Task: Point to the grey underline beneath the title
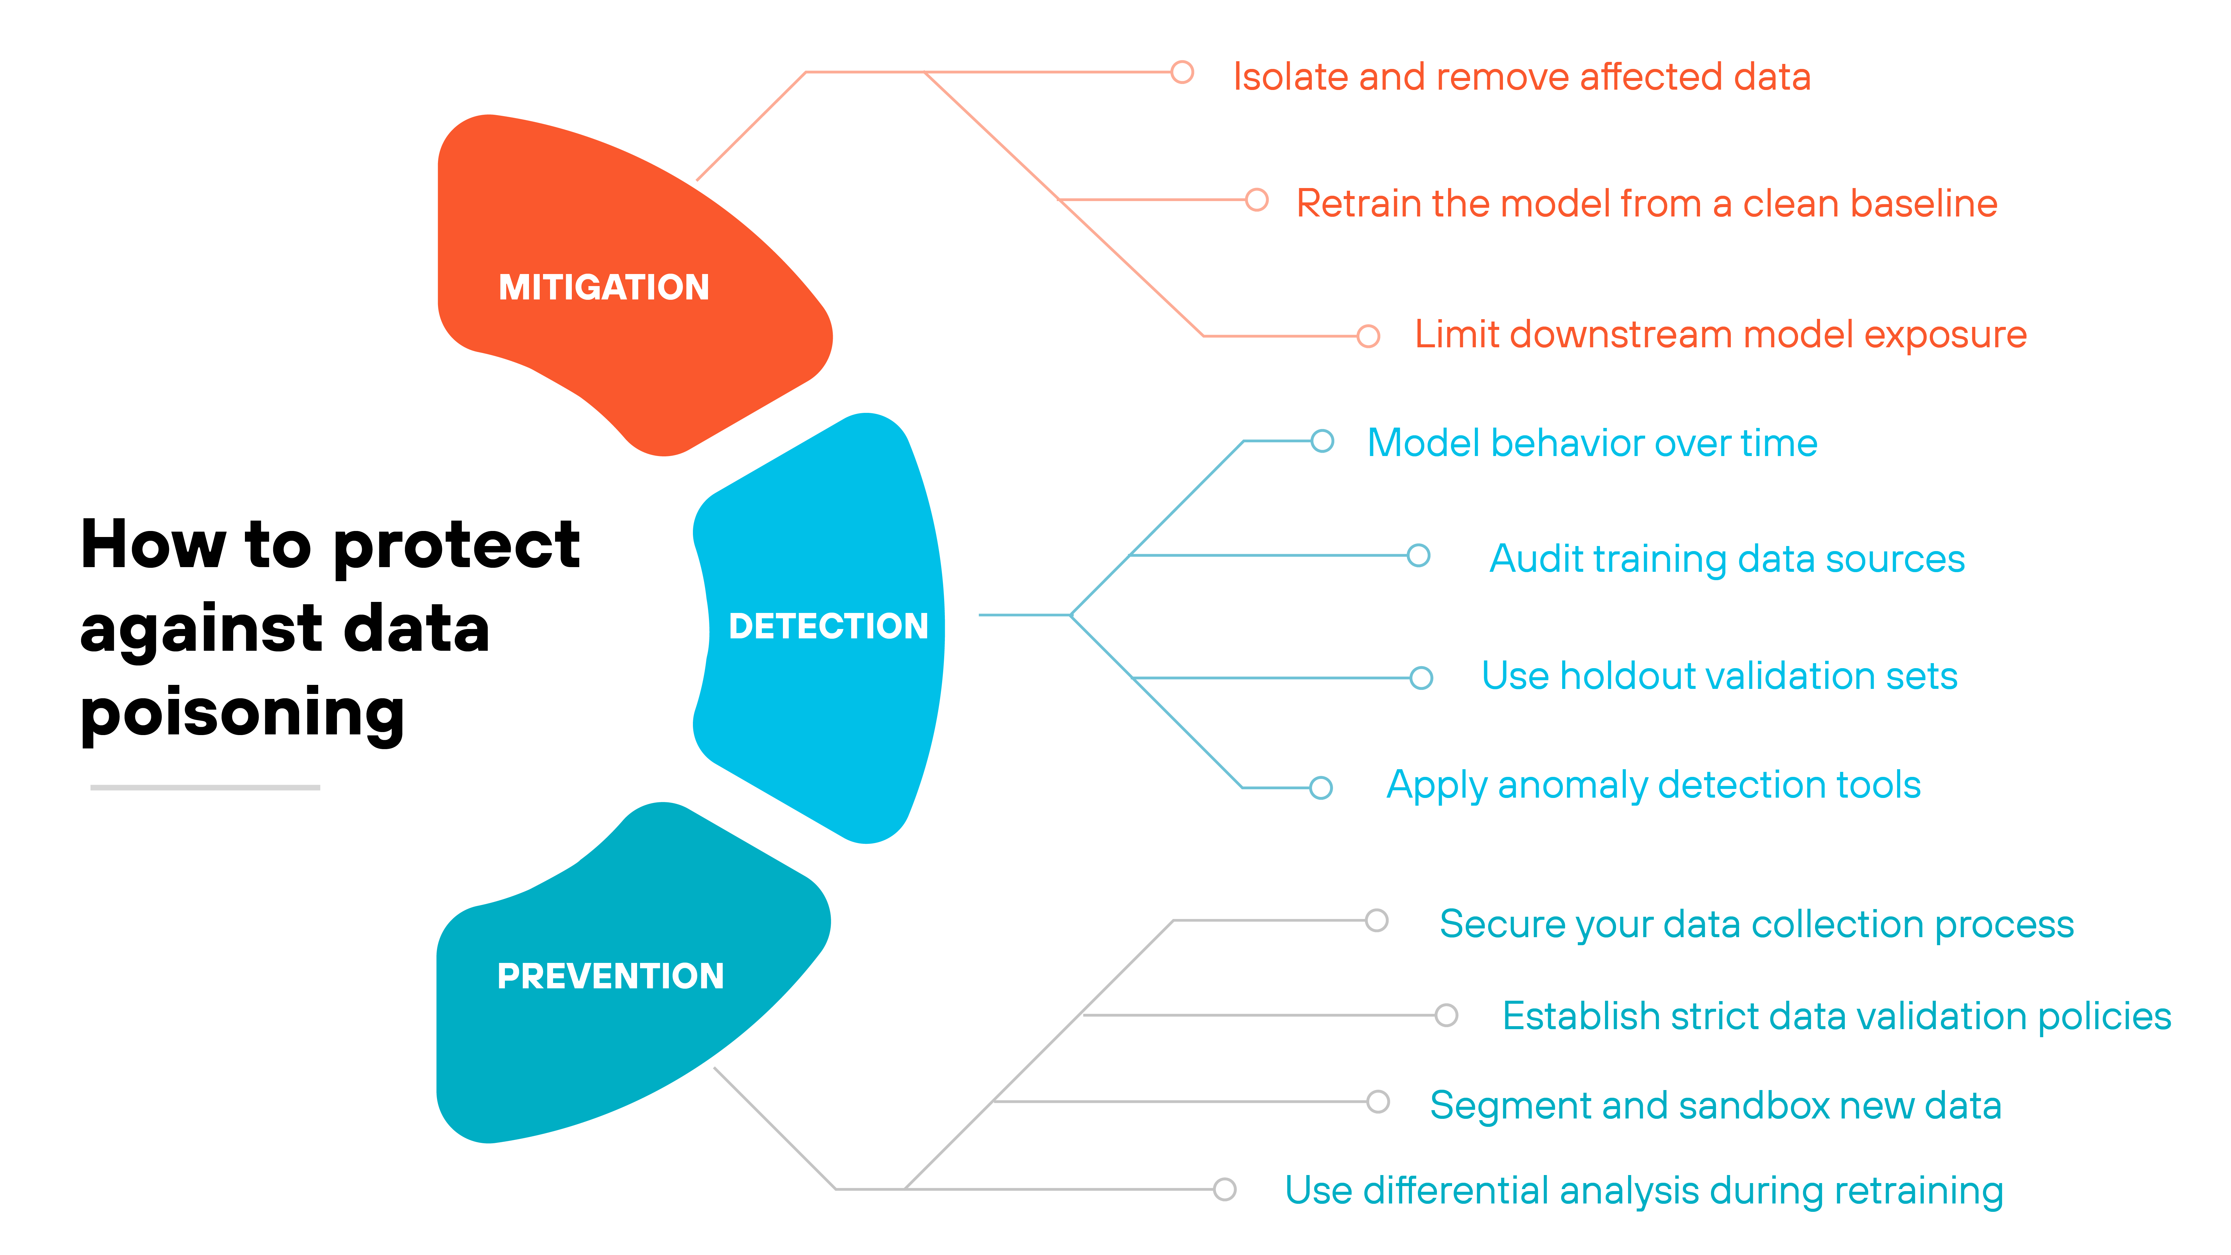tap(205, 787)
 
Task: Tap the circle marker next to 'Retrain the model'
tap(1257, 200)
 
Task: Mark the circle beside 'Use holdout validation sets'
tap(1421, 677)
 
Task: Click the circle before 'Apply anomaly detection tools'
tap(1321, 787)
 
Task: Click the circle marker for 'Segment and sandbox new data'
tap(1378, 1102)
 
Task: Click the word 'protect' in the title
tap(456, 546)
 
